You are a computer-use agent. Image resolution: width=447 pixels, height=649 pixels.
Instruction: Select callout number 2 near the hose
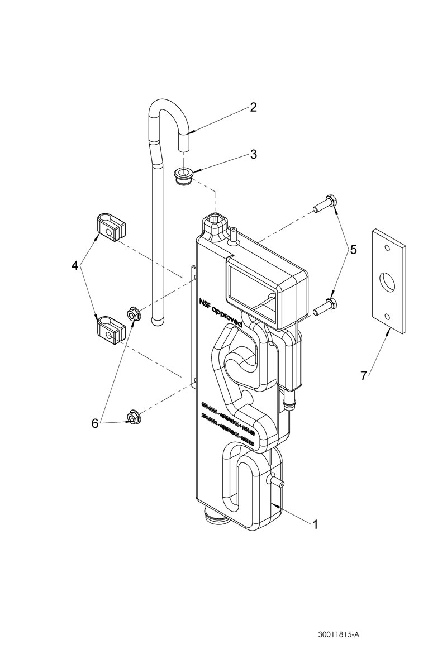tap(253, 107)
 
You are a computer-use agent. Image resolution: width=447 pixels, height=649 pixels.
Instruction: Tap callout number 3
tap(253, 154)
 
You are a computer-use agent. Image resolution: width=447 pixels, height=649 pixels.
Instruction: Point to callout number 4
tap(75, 266)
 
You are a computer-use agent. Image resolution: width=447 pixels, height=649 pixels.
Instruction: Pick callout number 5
tap(353, 251)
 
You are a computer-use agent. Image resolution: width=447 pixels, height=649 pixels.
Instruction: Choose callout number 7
tap(364, 375)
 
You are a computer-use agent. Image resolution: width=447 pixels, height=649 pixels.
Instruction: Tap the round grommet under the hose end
tap(184, 174)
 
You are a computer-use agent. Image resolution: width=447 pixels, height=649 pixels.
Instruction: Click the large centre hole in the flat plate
tap(387, 281)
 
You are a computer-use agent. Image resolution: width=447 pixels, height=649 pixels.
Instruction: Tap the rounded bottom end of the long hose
tap(155, 318)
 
